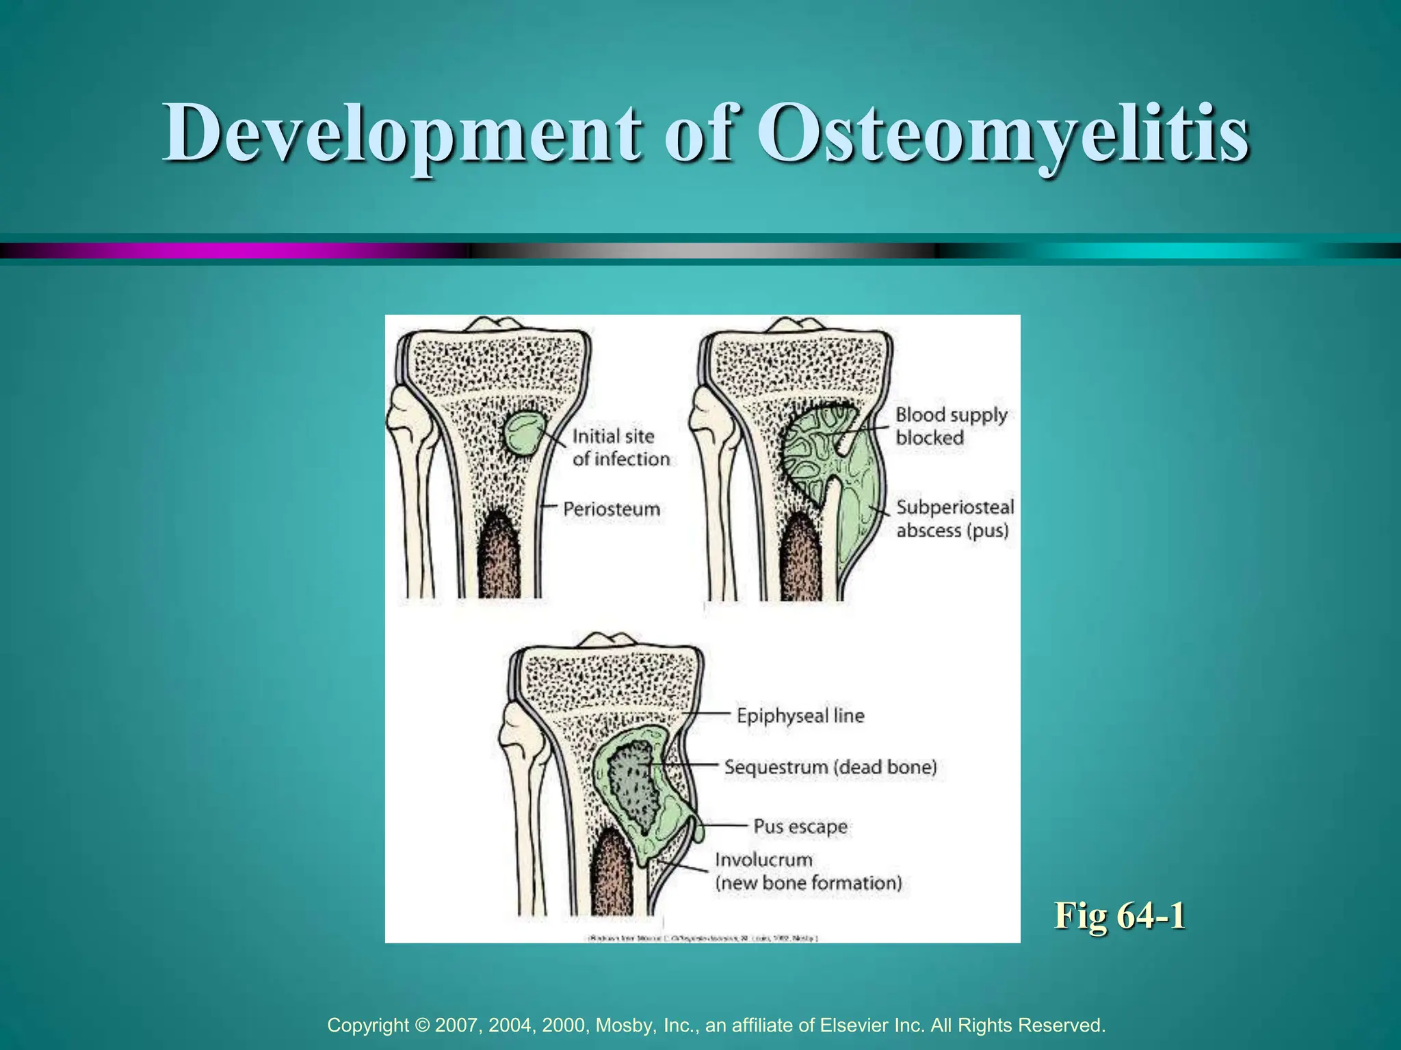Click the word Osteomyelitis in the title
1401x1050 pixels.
pyautogui.click(x=1003, y=133)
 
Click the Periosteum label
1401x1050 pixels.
pyautogui.click(x=612, y=509)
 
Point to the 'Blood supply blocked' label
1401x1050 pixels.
pyautogui.click(x=951, y=426)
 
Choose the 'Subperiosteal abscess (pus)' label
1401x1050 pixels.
pyautogui.click(x=955, y=518)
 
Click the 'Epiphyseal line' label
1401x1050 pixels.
pyautogui.click(x=800, y=716)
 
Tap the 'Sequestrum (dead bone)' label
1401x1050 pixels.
pyautogui.click(x=830, y=767)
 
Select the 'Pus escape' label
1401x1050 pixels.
pyautogui.click(x=800, y=826)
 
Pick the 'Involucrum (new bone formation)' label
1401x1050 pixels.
pyautogui.click(x=808, y=871)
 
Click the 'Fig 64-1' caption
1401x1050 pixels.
pyautogui.click(x=1120, y=915)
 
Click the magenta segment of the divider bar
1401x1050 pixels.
pyautogui.click(x=274, y=251)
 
